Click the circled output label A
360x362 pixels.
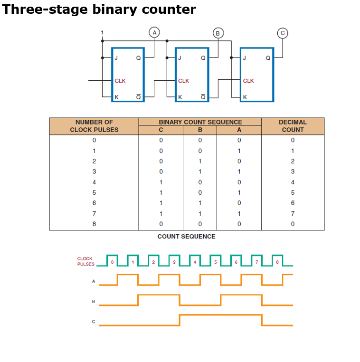153,32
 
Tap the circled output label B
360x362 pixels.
218,33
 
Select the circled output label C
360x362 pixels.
283,33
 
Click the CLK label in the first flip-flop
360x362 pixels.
120,81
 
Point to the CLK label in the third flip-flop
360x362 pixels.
248,81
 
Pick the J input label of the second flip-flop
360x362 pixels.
180,58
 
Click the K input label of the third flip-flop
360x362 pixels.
245,97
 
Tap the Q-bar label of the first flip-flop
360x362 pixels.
138,97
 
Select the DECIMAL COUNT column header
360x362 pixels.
293,126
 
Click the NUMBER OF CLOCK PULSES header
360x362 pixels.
94,126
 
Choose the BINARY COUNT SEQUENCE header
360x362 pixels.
200,122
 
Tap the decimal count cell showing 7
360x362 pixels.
293,213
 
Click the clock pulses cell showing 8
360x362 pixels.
94,224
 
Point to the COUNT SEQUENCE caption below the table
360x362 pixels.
186,237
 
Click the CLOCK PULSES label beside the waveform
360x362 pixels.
85,261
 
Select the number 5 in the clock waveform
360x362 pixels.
215,262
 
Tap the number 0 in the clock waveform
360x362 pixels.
112,262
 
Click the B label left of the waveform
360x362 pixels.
94,301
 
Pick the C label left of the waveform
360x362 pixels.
94,322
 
